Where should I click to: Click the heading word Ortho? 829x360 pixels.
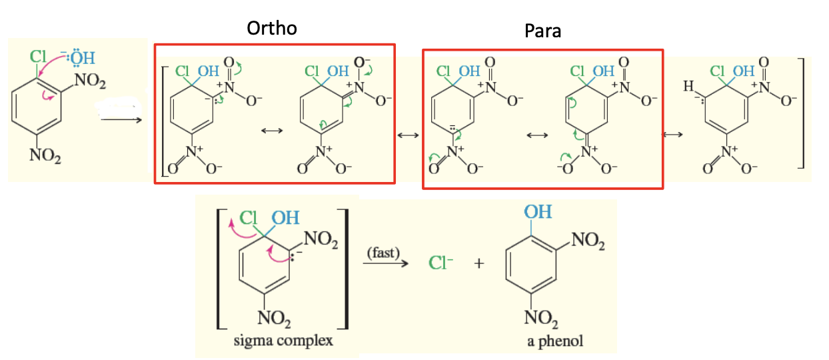(272, 28)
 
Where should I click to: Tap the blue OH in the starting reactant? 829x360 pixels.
(81, 59)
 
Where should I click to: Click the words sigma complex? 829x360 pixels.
(283, 341)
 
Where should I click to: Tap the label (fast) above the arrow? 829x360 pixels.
(382, 253)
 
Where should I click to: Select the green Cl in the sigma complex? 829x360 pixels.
(249, 217)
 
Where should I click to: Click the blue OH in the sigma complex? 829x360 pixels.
(285, 217)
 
